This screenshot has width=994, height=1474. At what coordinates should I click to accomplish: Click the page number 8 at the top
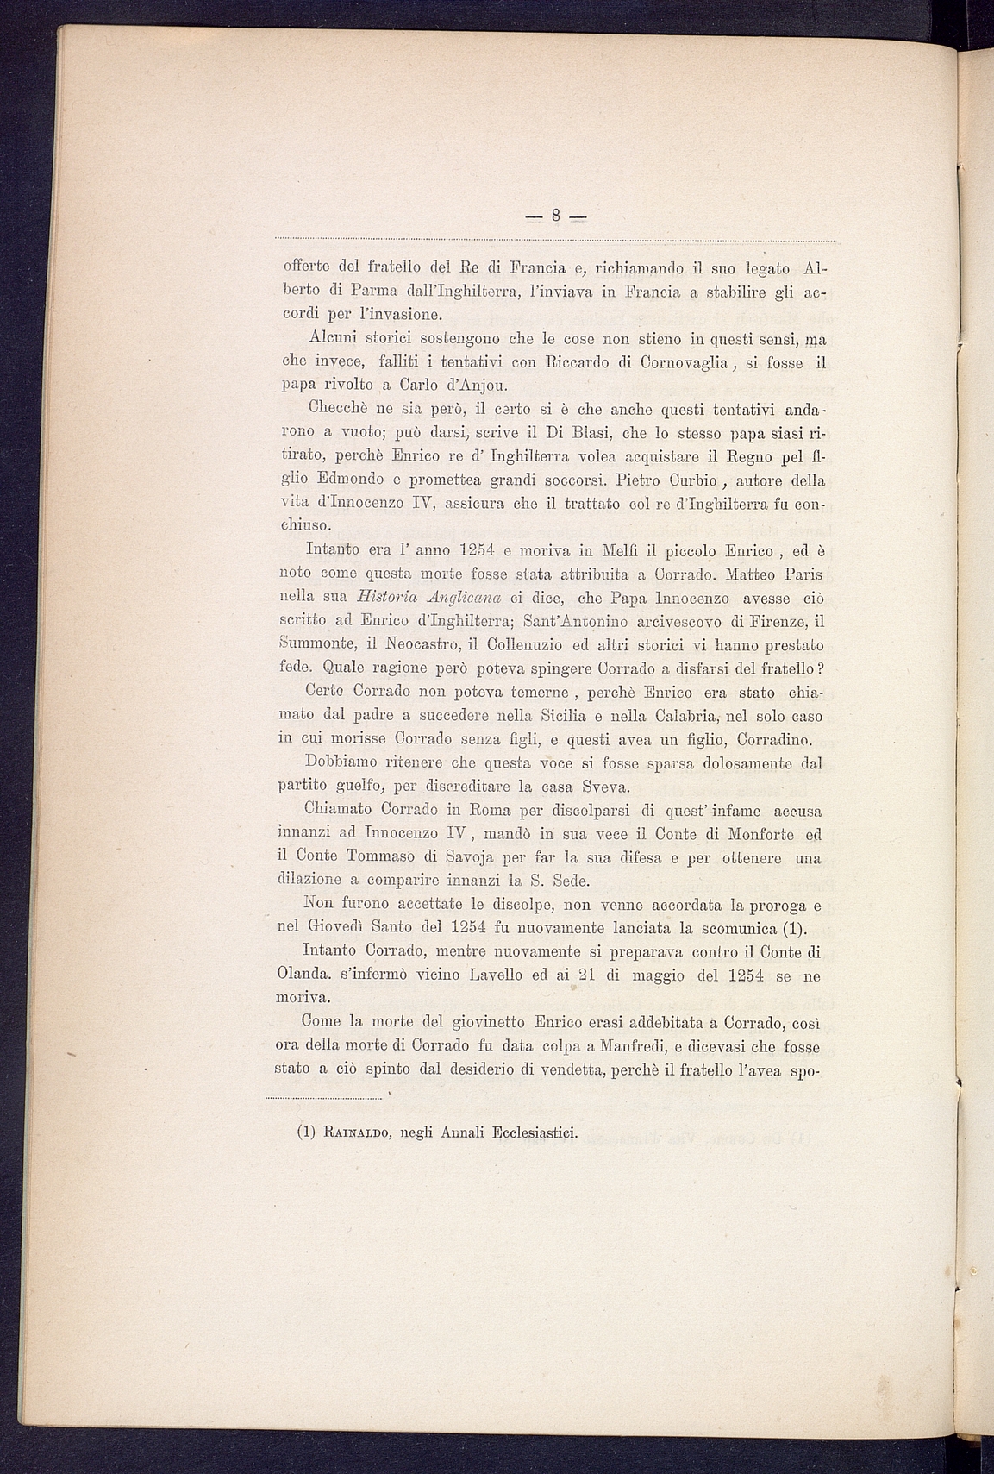(x=556, y=216)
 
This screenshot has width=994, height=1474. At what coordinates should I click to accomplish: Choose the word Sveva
(x=608, y=787)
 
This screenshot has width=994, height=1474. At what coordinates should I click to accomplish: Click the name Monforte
(x=765, y=834)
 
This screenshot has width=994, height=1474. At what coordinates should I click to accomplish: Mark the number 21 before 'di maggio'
(x=590, y=975)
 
